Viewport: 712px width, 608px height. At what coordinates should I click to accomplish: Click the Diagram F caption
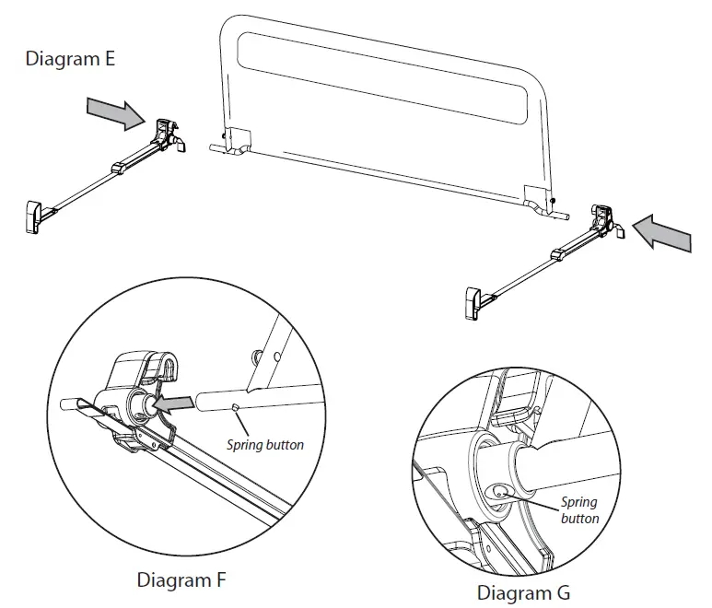pyautogui.click(x=181, y=580)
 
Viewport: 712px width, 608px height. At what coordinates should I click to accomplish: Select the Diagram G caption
pyautogui.click(x=523, y=592)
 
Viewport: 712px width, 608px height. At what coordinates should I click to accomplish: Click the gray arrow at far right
pyautogui.click(x=663, y=232)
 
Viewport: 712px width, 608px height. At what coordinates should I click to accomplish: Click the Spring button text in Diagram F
pyautogui.click(x=265, y=445)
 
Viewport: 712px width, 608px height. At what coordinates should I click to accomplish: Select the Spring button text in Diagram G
pyautogui.click(x=579, y=510)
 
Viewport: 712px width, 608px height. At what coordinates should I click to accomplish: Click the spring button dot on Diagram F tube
pyautogui.click(x=237, y=406)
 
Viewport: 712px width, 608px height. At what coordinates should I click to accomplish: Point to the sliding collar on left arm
pyautogui.click(x=119, y=168)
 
